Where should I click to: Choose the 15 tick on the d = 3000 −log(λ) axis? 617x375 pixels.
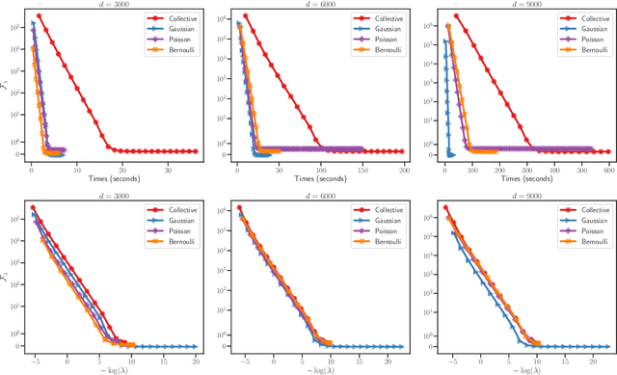click(163, 358)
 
